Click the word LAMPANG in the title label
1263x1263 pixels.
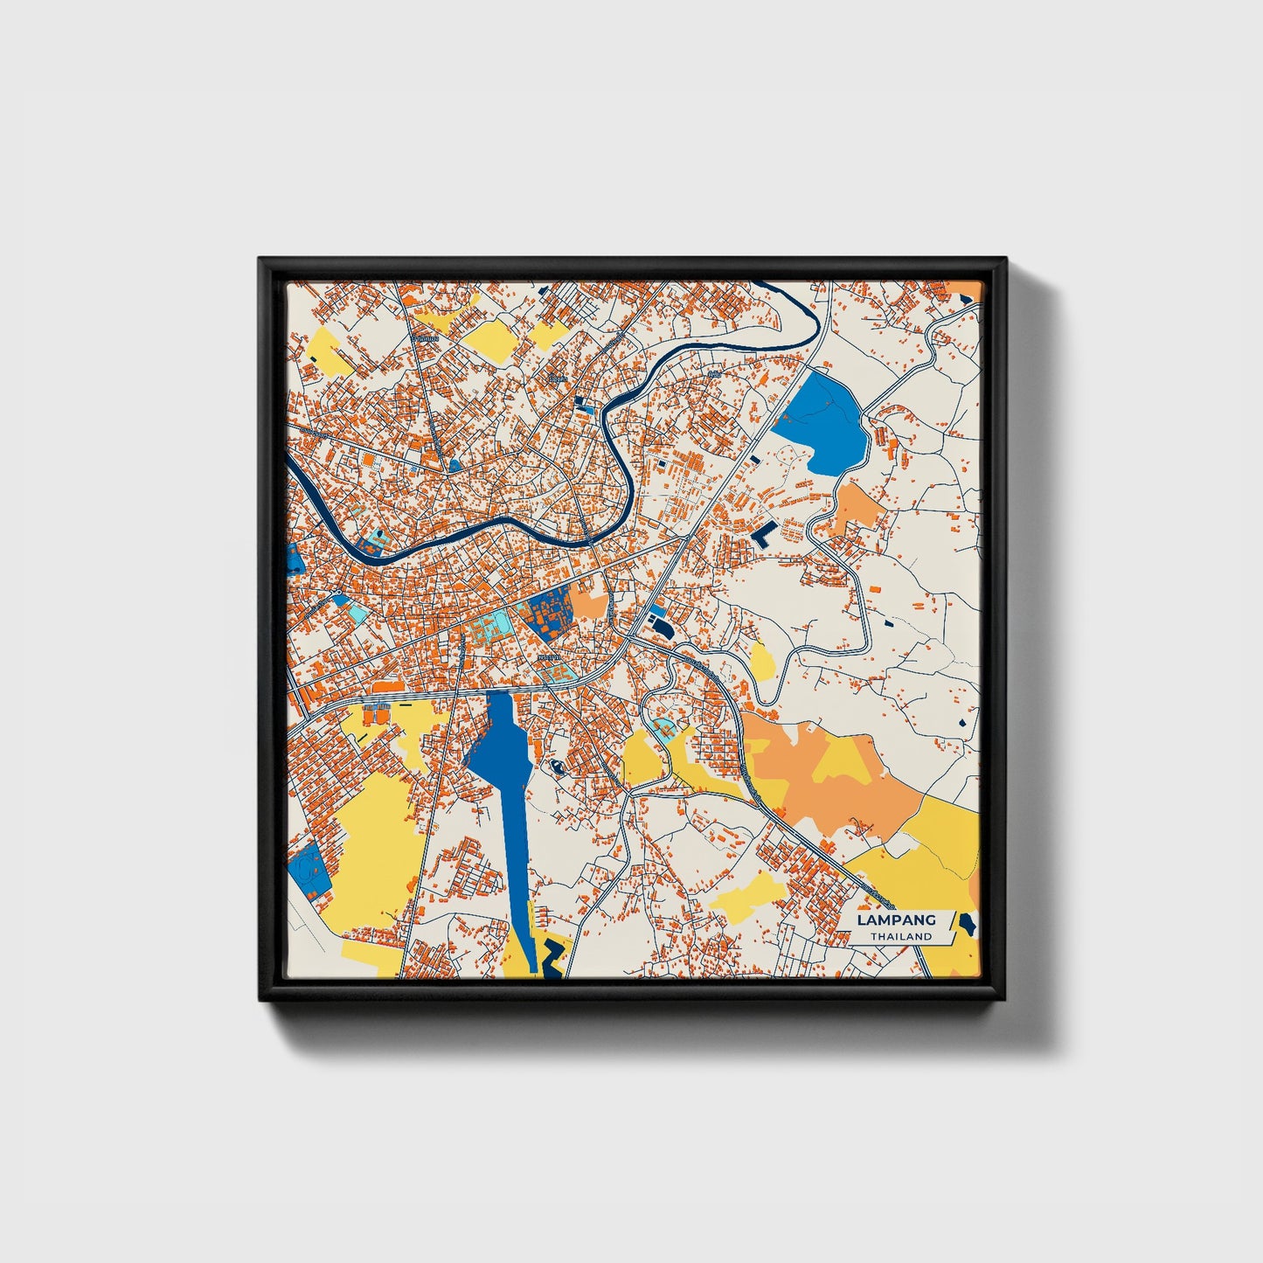tap(895, 919)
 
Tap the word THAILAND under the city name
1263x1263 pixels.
tap(900, 936)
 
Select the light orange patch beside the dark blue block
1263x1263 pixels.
tap(589, 603)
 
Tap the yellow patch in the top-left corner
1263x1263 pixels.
tap(329, 350)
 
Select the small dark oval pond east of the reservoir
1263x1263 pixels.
tap(557, 768)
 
